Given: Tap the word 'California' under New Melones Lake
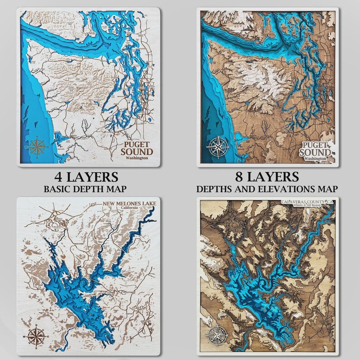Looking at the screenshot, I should (x=136, y=209).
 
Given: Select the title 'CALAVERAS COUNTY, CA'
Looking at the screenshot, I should (x=306, y=201).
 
